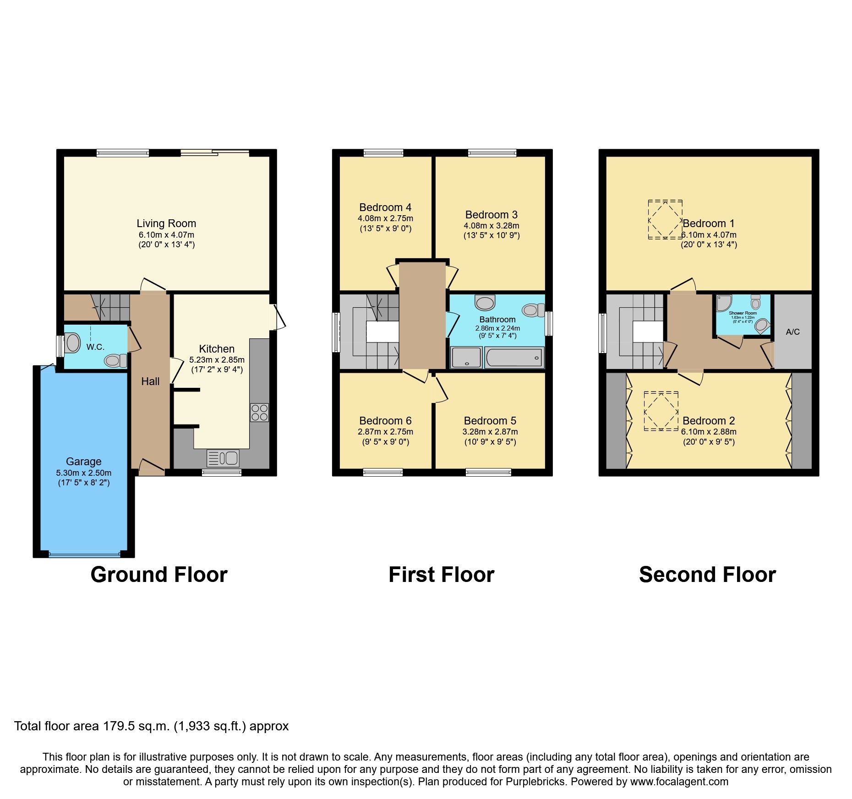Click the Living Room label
click(166, 223)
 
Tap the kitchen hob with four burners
click(259, 412)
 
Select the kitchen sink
click(223, 458)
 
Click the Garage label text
click(83, 462)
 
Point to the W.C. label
click(95, 347)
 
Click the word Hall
click(150, 381)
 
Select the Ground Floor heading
click(159, 575)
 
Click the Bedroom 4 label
click(385, 207)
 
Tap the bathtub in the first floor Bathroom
click(514, 358)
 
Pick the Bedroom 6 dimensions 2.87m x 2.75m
click(385, 432)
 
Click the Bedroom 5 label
click(490, 421)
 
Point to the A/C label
click(792, 332)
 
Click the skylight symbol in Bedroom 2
click(661, 411)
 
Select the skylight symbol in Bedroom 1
click(665, 219)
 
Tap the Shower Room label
click(743, 313)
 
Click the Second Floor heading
click(707, 575)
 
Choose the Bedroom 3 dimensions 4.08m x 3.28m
click(492, 226)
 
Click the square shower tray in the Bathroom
click(466, 358)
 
